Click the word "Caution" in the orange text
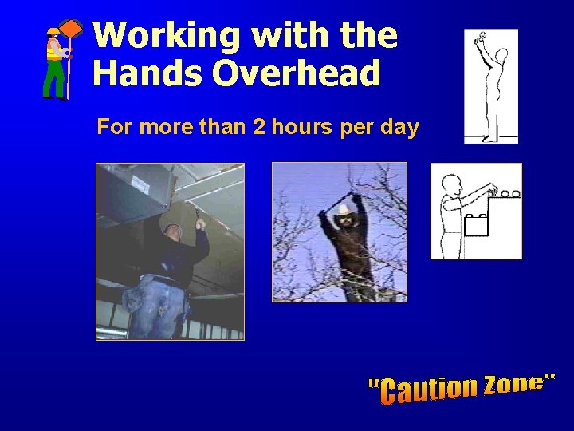[427, 389]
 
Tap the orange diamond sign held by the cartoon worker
[72, 29]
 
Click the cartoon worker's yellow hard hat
[53, 31]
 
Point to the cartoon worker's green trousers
[54, 80]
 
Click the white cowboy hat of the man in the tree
[344, 209]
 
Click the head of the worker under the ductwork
[172, 233]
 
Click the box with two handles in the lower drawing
[476, 226]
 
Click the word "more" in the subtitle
[161, 127]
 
